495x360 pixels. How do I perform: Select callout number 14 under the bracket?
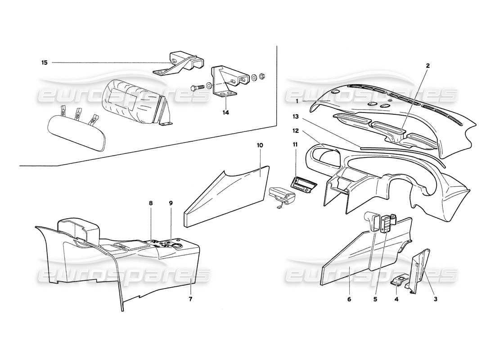(x=225, y=112)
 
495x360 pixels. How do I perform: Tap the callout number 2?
(x=428, y=65)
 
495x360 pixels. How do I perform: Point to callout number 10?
(x=260, y=145)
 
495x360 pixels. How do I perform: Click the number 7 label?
(x=190, y=299)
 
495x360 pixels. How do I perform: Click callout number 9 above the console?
(x=171, y=203)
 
